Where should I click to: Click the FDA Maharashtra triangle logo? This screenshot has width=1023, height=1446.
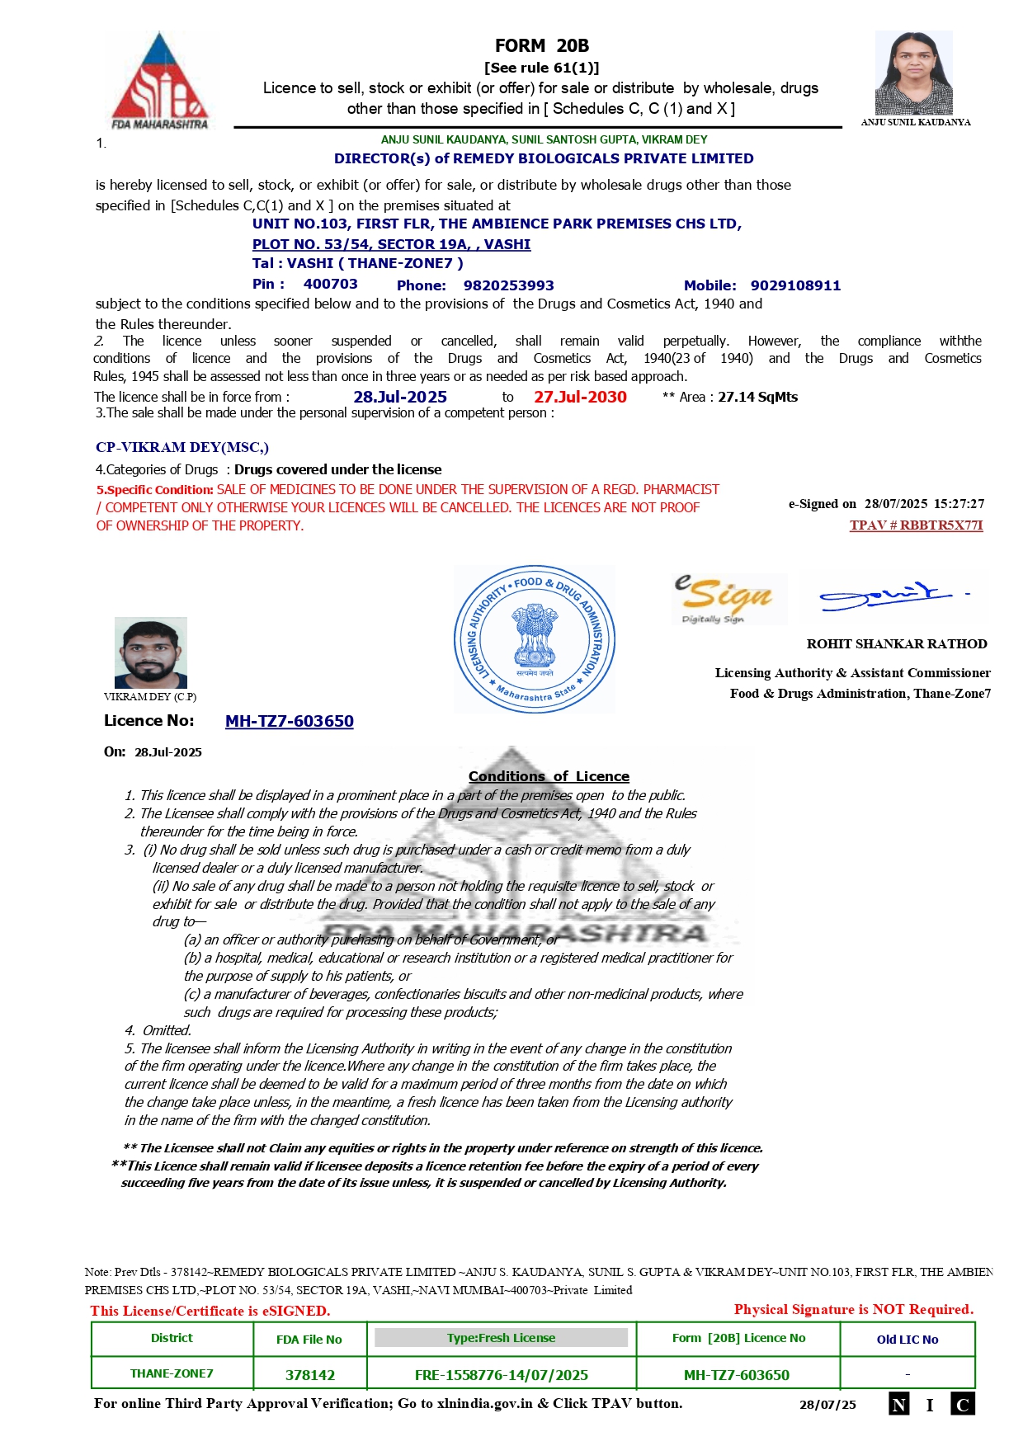tap(160, 81)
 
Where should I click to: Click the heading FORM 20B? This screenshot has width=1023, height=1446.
tap(541, 46)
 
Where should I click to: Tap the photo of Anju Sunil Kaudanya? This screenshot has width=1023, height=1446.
tap(913, 73)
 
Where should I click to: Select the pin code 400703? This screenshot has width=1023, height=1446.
tap(330, 285)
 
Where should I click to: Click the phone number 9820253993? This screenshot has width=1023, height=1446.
tap(508, 285)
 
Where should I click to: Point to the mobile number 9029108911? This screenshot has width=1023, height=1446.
tap(795, 285)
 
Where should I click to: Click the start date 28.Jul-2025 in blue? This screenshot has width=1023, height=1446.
tap(400, 397)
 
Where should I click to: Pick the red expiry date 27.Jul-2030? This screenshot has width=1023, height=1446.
tap(580, 397)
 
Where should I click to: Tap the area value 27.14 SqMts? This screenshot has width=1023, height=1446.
tap(757, 397)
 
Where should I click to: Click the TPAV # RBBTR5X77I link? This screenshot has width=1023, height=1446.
tap(916, 525)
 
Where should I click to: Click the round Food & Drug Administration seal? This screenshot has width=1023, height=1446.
tap(535, 639)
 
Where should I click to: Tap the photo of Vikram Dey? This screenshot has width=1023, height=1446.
tap(151, 652)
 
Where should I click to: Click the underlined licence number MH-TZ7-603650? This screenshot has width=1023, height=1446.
tap(290, 721)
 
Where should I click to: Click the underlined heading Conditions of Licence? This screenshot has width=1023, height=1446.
tap(549, 776)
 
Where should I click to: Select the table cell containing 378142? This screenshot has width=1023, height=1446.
tap(310, 1375)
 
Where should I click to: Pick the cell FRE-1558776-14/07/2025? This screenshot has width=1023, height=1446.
tap(502, 1375)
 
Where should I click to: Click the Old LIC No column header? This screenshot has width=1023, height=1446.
tap(907, 1340)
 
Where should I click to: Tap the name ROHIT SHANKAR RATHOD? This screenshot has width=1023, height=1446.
tap(897, 644)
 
